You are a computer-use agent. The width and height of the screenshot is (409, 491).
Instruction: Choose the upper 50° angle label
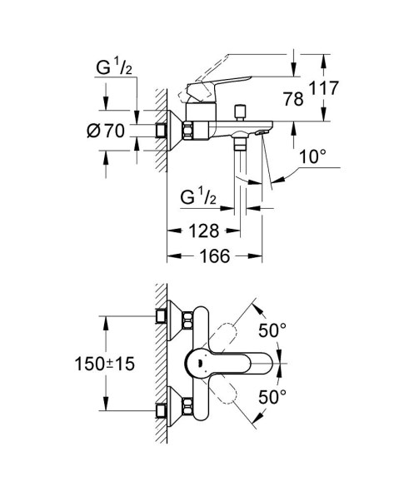pos(273,331)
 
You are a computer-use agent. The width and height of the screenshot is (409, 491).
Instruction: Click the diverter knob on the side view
pos(244,111)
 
